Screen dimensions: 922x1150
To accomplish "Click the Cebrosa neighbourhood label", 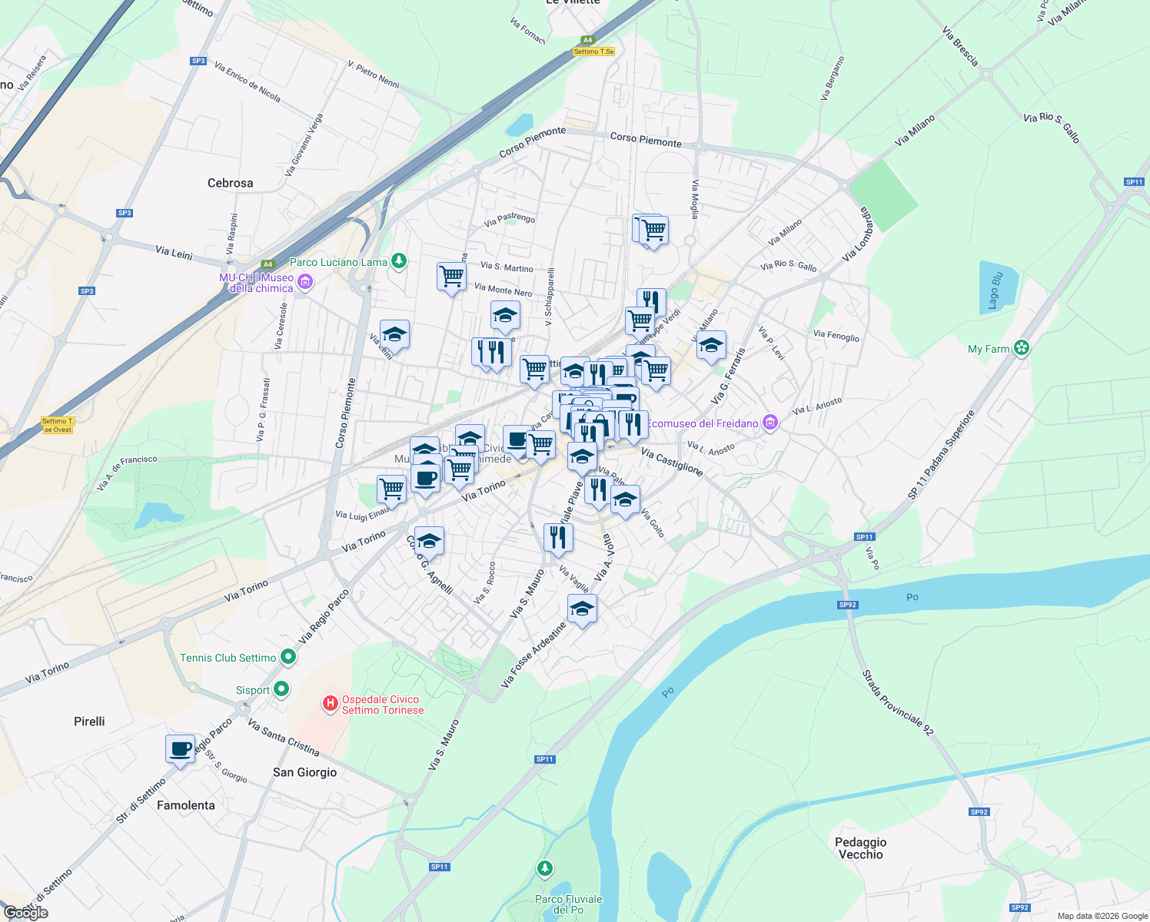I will coord(230,183).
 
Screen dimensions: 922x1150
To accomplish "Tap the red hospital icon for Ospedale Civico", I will coord(331,703).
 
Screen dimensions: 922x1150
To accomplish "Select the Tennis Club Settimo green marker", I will coord(288,657).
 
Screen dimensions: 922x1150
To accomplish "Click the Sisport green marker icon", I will coord(281,689).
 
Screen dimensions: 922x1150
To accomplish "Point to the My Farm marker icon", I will coord(1021,348).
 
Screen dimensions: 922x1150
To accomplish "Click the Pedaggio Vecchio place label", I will coord(860,848).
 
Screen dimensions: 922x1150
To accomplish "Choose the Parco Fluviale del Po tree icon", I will coord(545,869).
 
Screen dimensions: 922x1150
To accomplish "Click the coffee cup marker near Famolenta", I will coord(181,749).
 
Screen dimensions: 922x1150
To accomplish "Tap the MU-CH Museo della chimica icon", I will coord(305,283).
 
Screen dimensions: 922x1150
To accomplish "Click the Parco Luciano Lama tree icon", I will coord(398,261).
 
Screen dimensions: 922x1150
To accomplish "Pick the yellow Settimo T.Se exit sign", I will coord(593,51).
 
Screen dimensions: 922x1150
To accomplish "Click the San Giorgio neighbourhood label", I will coord(304,772).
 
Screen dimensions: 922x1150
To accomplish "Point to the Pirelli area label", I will coord(89,721).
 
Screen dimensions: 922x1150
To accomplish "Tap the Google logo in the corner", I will coord(25,913).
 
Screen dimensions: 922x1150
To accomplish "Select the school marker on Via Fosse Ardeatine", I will coord(582,609).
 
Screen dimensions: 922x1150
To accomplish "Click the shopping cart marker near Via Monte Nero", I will coord(451,276).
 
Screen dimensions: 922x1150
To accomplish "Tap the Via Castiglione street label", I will coord(671,462).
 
